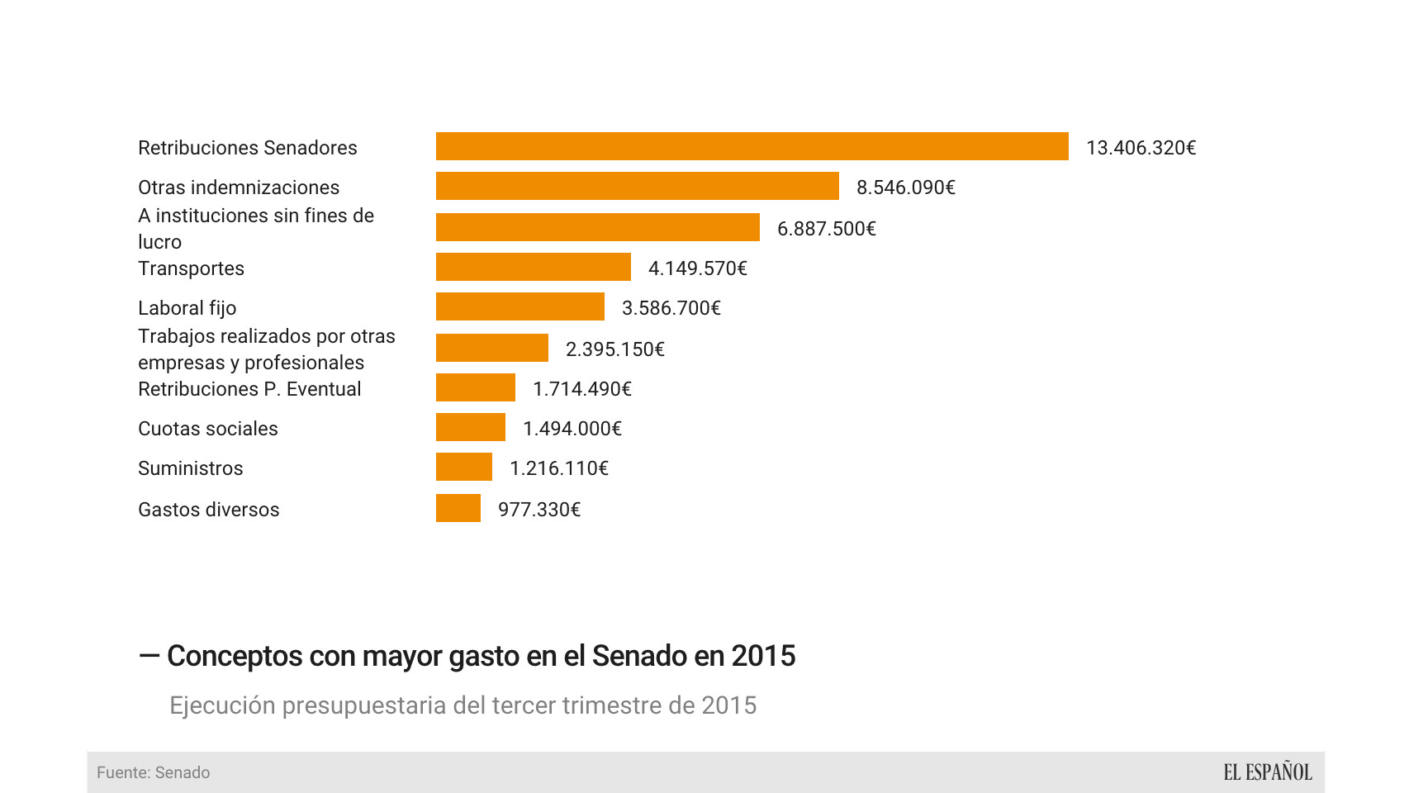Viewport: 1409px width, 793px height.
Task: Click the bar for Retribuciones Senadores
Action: pos(752,146)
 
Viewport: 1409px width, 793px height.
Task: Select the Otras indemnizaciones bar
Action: pos(637,186)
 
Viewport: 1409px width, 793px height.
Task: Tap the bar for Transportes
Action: pos(533,267)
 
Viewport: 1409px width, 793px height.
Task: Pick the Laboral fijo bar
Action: pos(519,306)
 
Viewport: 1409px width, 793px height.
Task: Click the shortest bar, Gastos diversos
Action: pos(458,508)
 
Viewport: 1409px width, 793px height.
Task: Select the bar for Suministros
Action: pos(463,467)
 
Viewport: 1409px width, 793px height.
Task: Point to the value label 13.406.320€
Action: pos(1141,148)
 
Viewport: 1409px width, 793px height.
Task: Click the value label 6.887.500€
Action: pos(826,229)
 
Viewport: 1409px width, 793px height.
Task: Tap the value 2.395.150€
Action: pos(614,349)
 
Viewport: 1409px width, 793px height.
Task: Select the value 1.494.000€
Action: pos(572,429)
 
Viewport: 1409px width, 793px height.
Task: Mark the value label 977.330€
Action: pos(538,510)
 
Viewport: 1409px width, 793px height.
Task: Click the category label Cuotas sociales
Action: pos(207,429)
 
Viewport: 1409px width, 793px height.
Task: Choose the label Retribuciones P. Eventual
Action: pos(249,389)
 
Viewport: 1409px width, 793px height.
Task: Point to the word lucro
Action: pos(159,242)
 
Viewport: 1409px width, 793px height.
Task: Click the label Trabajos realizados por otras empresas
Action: pos(266,349)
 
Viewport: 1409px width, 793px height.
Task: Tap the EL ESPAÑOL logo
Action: pos(1267,772)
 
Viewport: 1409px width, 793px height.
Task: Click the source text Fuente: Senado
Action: pos(153,772)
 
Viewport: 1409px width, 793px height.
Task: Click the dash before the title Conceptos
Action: pos(149,656)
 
